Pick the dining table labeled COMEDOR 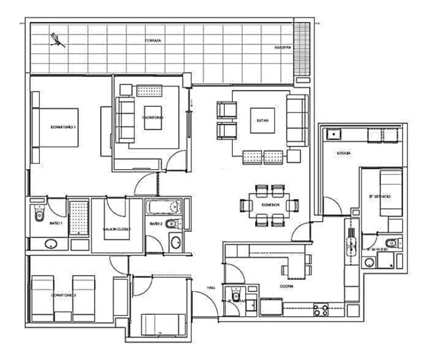pos(269,205)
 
